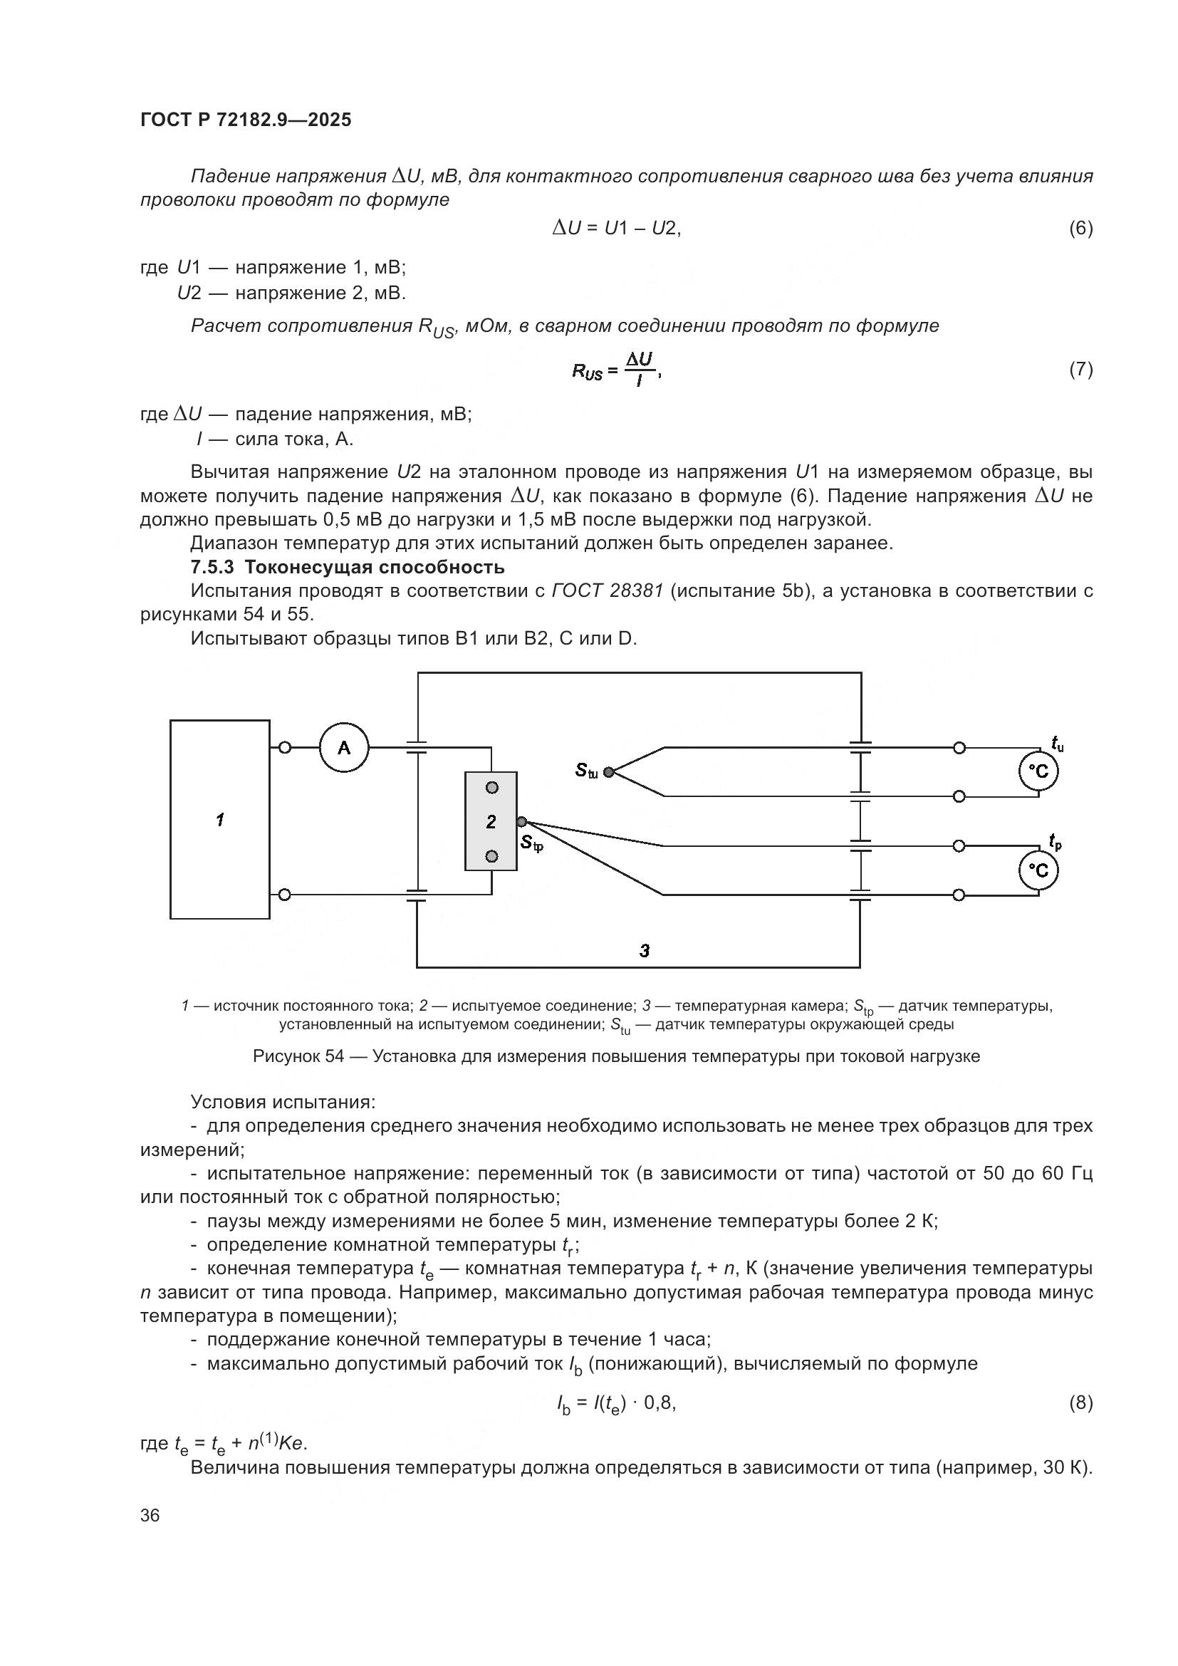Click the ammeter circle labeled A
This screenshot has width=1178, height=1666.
pos(344,747)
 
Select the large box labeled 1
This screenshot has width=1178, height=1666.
pos(220,819)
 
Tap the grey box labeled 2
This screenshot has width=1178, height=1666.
pos(491,821)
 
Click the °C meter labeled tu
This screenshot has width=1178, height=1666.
pos(1038,772)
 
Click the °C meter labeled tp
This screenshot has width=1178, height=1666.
pos(1038,870)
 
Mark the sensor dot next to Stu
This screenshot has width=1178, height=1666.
pos(608,772)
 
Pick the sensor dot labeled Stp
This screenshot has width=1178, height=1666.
pos(521,821)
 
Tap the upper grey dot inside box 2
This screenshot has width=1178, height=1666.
pos(492,787)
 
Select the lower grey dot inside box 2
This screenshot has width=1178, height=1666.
pos(492,857)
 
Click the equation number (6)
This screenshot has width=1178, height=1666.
pos(1080,229)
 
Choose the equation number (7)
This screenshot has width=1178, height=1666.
pos(1080,370)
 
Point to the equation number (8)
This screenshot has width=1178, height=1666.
pos(1080,1402)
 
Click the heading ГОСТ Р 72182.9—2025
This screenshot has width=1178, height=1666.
pos(246,120)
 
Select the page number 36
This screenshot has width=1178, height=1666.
pos(150,1515)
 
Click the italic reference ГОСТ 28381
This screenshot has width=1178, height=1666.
pos(607,590)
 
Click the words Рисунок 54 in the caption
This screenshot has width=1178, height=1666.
pos(298,1056)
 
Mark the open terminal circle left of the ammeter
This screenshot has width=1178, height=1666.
pos(285,747)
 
